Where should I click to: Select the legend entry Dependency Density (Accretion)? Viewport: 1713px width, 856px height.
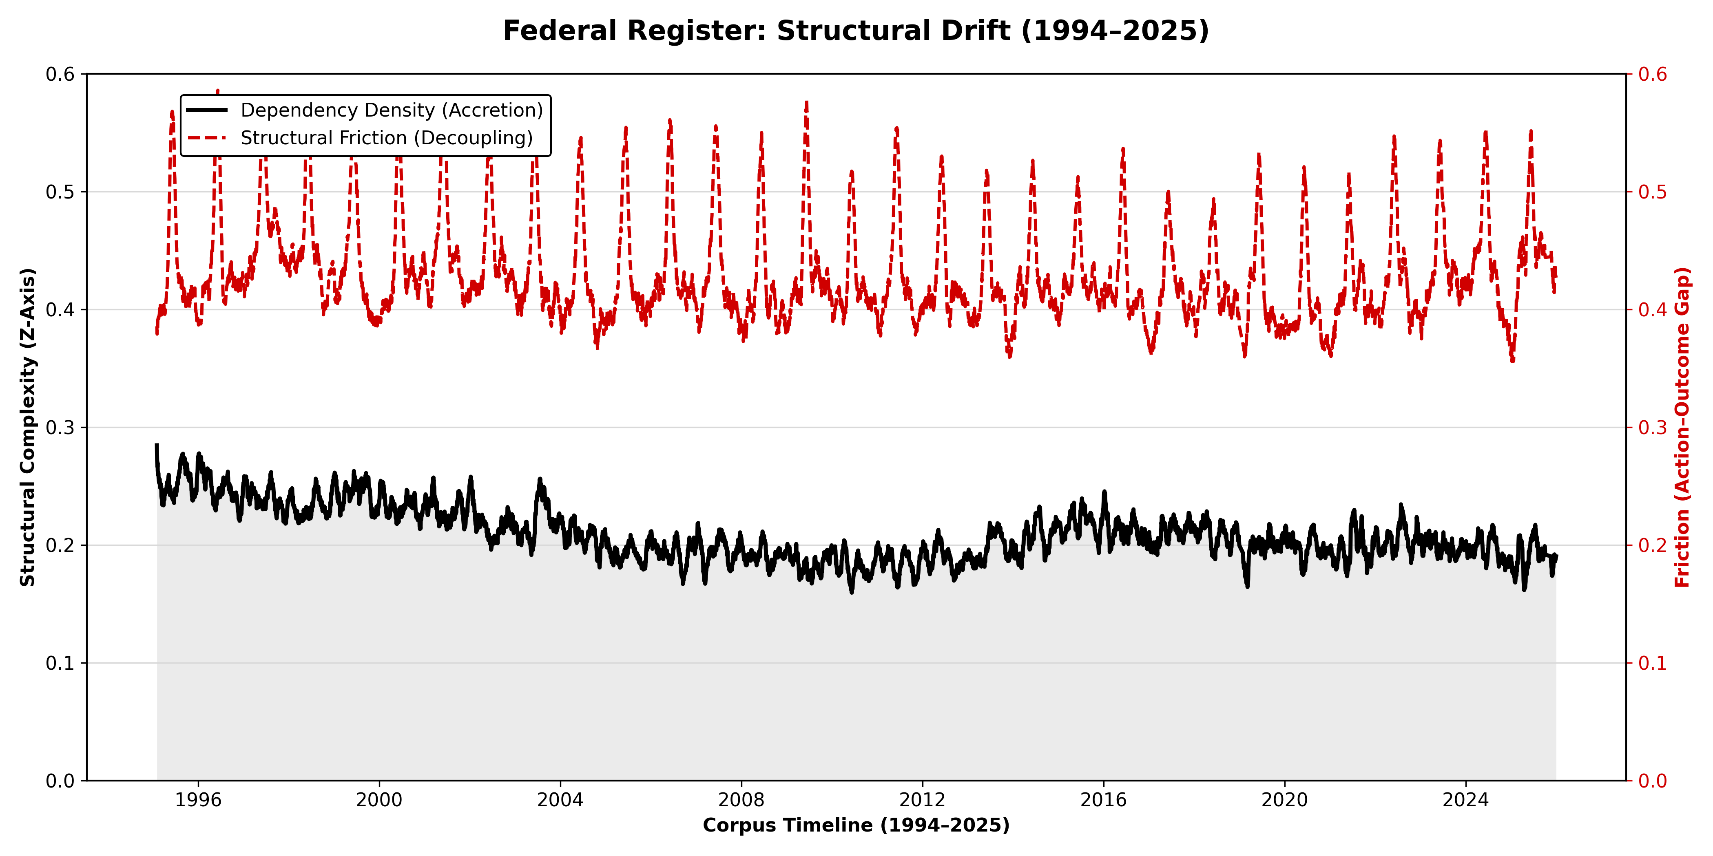tap(391, 110)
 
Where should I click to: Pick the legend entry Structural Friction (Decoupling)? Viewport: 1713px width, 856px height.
tap(386, 138)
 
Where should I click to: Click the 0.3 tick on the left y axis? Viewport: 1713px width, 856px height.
tap(60, 427)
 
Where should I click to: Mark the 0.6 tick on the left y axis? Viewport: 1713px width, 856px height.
tap(60, 74)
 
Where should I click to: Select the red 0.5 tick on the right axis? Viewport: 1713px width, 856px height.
tap(1653, 192)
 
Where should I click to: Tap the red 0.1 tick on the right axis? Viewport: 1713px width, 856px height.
tap(1653, 663)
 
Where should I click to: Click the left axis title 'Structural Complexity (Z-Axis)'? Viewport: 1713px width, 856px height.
tap(27, 427)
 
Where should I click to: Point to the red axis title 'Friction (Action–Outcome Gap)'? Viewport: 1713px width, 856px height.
tap(1682, 427)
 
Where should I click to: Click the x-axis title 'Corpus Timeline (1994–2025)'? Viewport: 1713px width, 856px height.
tap(856, 825)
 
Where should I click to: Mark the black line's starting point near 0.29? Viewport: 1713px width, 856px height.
tap(157, 445)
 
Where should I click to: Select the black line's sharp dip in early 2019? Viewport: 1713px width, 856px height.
tap(1248, 585)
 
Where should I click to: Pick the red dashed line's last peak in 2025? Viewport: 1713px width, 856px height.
tap(1531, 132)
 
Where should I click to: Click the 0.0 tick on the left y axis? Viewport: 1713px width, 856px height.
tap(60, 781)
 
